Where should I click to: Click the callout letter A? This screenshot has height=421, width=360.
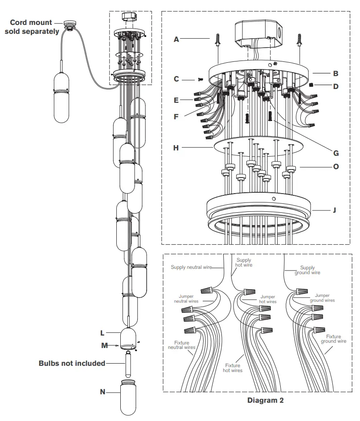pos(176,39)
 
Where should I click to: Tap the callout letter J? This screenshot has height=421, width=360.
pos(334,210)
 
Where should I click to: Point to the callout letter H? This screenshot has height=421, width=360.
pos(176,148)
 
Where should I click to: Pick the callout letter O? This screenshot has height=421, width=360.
pos(335,167)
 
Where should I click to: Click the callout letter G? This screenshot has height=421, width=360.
pos(335,153)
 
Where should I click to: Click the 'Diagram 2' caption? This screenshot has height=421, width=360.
pos(265,400)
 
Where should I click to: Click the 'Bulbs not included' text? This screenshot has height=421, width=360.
pos(72,363)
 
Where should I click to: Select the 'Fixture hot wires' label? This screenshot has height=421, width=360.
pos(233,368)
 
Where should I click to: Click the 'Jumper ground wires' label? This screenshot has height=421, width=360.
pos(322,298)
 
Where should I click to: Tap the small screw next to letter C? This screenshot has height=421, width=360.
pos(199,80)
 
